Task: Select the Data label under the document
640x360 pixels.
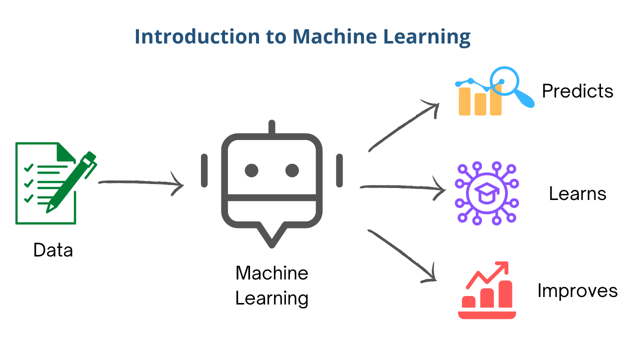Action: (x=53, y=249)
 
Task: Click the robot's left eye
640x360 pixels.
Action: (x=251, y=170)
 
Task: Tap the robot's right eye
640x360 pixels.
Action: (x=292, y=170)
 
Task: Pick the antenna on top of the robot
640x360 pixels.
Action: (x=272, y=127)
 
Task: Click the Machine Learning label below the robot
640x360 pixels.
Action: (x=272, y=286)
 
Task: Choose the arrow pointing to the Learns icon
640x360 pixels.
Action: (x=402, y=188)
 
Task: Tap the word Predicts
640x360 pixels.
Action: (x=577, y=91)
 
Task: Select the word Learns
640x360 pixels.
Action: (x=577, y=193)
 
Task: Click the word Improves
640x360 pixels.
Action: (x=577, y=290)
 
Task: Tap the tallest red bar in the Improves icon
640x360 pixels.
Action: (x=504, y=294)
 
